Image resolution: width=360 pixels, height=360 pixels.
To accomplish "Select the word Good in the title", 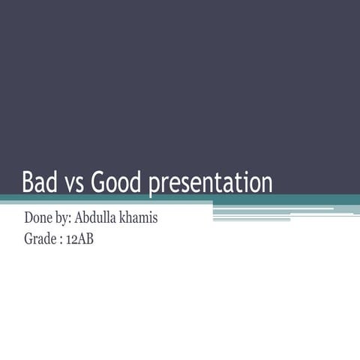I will pos(116,182).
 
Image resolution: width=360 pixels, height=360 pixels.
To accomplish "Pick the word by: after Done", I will pos(67,220).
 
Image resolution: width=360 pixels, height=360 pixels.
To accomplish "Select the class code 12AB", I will pos(79,240).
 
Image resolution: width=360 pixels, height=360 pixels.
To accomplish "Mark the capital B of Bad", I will pos(28,182).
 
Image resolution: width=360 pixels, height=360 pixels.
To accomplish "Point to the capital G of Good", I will pos(97,182).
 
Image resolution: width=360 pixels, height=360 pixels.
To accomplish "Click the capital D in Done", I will pos(29,219).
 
